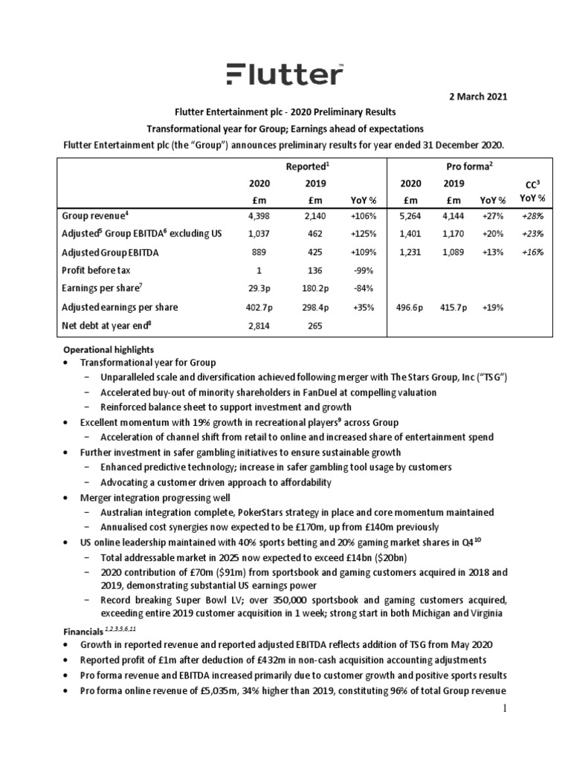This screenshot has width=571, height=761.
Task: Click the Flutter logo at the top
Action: point(285,74)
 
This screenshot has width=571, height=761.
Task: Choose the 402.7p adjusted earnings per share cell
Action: point(259,306)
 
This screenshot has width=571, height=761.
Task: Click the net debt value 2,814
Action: point(259,325)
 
